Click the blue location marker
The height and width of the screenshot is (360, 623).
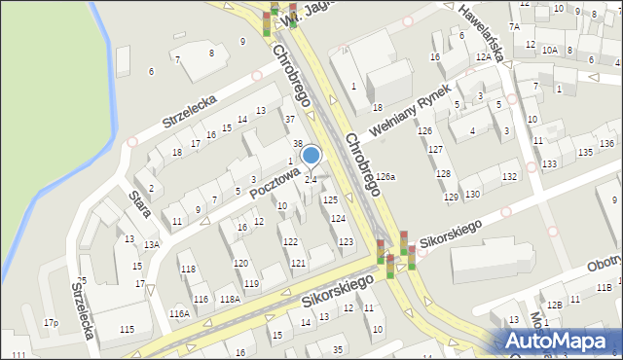[x=311, y=156]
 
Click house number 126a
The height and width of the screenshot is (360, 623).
[x=386, y=177]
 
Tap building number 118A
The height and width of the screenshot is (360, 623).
[x=230, y=299]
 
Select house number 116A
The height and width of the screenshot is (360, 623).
[x=179, y=313]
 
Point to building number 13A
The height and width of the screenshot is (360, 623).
[x=151, y=245]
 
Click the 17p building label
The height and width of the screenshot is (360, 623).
[x=51, y=323]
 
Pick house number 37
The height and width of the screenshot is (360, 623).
[x=289, y=119]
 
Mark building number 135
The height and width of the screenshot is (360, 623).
[x=584, y=153]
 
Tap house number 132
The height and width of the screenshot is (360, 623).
[x=508, y=176]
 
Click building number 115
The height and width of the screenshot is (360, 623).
[x=128, y=330]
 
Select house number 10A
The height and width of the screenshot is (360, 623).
[x=550, y=50]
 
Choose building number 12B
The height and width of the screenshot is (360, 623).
[x=553, y=305]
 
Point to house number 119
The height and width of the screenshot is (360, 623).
[x=251, y=283]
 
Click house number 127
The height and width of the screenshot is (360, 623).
[x=435, y=149]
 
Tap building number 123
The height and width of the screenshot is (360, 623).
[x=346, y=241]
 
